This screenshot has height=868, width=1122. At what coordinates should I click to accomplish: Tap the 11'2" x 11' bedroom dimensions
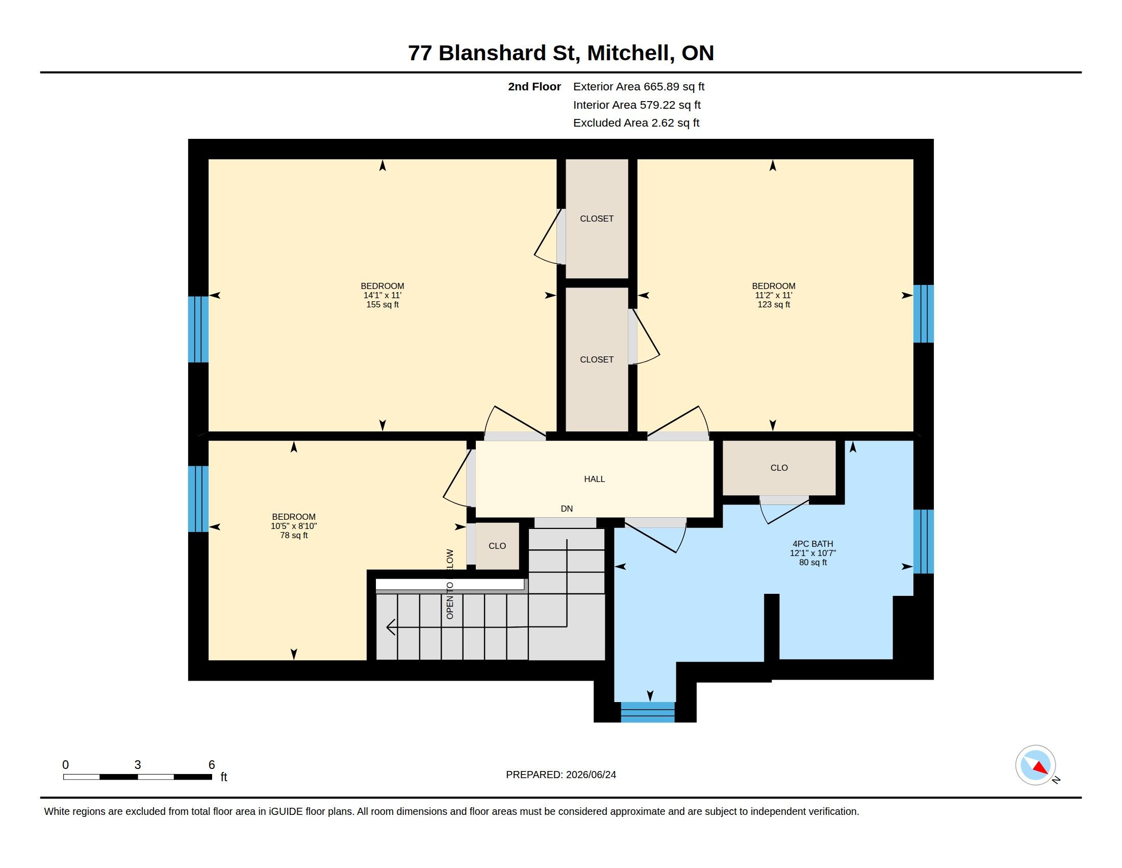tap(773, 295)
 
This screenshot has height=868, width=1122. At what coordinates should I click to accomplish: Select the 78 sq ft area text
tap(294, 535)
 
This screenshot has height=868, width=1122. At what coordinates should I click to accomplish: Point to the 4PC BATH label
tap(813, 544)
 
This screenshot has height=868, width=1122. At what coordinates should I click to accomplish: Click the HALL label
tap(594, 479)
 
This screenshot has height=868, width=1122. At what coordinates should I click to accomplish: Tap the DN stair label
tap(567, 509)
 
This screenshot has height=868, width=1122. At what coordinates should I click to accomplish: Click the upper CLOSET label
tap(597, 219)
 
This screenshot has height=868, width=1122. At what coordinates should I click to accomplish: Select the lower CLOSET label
tap(597, 359)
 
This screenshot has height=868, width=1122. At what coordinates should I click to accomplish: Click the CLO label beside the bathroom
tap(779, 467)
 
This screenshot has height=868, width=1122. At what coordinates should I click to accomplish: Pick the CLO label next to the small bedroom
tap(497, 546)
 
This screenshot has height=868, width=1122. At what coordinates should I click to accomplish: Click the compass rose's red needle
tap(1041, 768)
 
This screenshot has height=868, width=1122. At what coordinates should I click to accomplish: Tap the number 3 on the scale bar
tap(138, 765)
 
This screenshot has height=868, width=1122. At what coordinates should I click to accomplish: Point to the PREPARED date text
tap(561, 775)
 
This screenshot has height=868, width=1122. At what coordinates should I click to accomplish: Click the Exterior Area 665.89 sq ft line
tap(639, 86)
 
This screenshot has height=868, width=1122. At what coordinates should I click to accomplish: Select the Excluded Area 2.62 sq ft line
tap(636, 123)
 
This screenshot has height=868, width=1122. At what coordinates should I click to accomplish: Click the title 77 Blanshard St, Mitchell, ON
tap(561, 53)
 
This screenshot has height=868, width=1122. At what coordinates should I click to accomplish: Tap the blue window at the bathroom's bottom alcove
tap(647, 712)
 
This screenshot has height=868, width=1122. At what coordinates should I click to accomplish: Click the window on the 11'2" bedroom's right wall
tap(923, 314)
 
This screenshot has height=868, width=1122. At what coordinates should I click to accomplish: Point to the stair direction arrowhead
tap(391, 627)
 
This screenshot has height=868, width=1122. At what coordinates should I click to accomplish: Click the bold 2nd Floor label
tap(534, 86)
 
